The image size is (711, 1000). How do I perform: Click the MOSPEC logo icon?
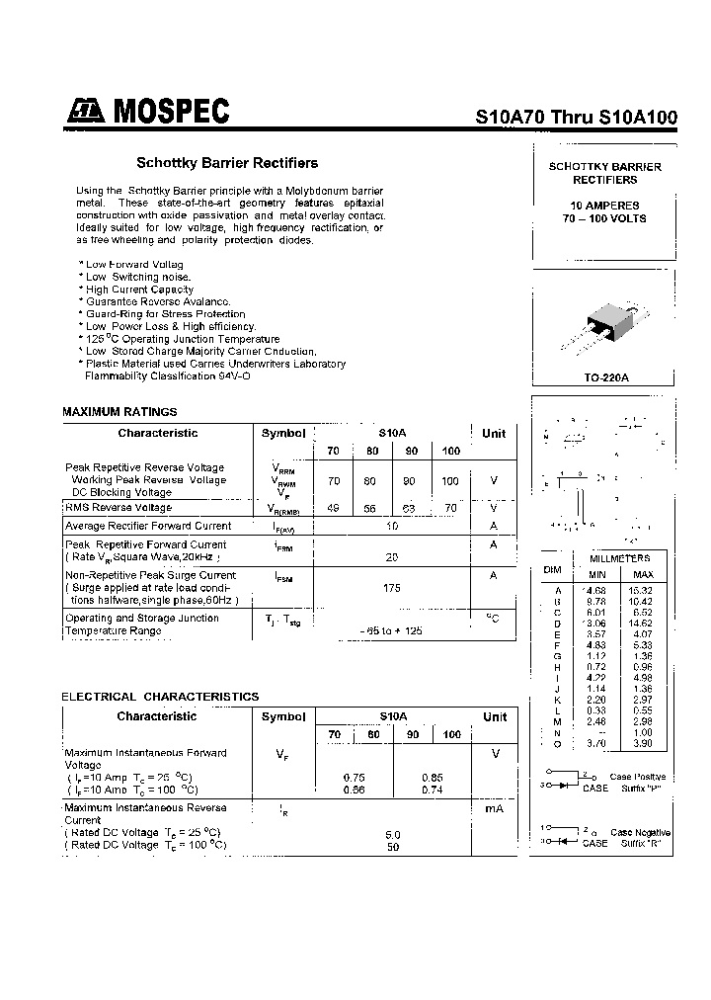(x=86, y=112)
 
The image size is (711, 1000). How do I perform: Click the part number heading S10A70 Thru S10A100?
(x=577, y=116)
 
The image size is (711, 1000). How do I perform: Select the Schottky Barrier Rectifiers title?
(x=226, y=163)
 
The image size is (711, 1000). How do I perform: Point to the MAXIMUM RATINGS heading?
(x=119, y=411)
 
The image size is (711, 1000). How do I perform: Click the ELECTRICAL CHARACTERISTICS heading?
(x=160, y=697)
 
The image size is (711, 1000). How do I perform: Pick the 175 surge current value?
(x=393, y=587)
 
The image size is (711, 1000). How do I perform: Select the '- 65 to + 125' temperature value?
(x=393, y=630)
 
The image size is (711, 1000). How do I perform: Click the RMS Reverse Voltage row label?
(x=118, y=508)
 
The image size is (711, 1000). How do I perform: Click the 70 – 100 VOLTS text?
(x=604, y=218)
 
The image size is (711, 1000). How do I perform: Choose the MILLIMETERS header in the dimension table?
(x=619, y=558)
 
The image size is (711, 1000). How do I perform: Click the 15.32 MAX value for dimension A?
(x=642, y=590)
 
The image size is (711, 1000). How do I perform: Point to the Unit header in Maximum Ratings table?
(x=494, y=434)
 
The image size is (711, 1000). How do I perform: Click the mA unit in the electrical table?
(x=494, y=808)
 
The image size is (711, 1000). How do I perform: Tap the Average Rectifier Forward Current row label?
(x=148, y=527)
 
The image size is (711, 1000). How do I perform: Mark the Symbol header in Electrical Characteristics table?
(x=283, y=717)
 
